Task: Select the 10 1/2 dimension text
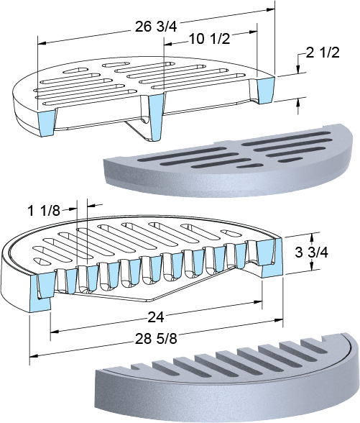[x=209, y=39]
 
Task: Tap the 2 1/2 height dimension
[x=323, y=53]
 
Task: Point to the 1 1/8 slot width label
[x=44, y=211]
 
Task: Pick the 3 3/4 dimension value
[x=312, y=253]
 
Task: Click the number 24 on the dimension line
[x=156, y=317]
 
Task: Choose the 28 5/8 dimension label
[x=156, y=339]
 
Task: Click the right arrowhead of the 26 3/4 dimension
[x=271, y=9]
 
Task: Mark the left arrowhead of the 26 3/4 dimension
[x=42, y=43]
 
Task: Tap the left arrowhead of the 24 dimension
[x=55, y=332]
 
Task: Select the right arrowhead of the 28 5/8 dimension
[x=279, y=320]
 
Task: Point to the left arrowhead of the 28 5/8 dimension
[x=33, y=356]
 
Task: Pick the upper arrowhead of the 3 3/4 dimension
[x=312, y=237]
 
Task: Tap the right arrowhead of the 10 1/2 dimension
[x=253, y=32]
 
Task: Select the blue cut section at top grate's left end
[x=47, y=124]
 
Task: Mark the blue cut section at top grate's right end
[x=266, y=90]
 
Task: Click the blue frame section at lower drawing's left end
[x=40, y=293]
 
